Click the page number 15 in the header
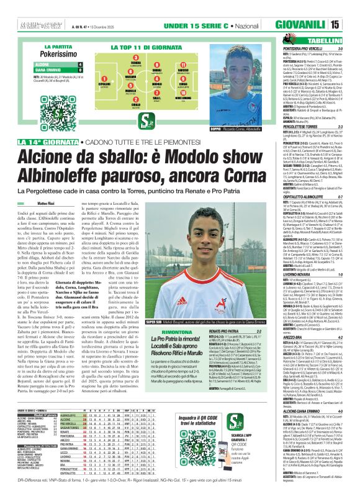point(351,25)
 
